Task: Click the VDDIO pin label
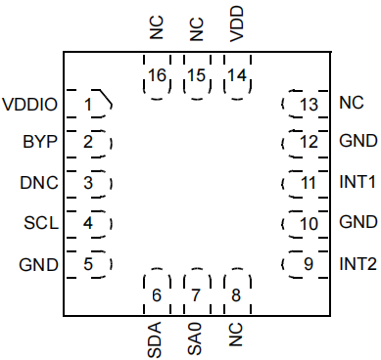click(x=30, y=105)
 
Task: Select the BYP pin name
click(x=40, y=142)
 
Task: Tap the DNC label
click(x=39, y=183)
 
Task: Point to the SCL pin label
click(x=41, y=223)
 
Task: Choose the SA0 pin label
click(x=195, y=339)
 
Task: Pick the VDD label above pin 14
click(x=237, y=23)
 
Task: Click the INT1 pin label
click(x=357, y=182)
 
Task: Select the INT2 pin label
click(x=358, y=264)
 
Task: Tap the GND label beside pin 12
click(x=358, y=141)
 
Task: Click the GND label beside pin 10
click(x=358, y=222)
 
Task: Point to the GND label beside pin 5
click(x=39, y=264)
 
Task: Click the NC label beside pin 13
click(x=352, y=103)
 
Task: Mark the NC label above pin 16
click(x=157, y=28)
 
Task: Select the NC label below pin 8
click(x=236, y=335)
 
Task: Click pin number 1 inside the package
click(x=88, y=105)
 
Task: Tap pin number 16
click(x=157, y=75)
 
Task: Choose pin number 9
click(x=309, y=264)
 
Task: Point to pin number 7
click(x=196, y=295)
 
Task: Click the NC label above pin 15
click(x=197, y=29)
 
